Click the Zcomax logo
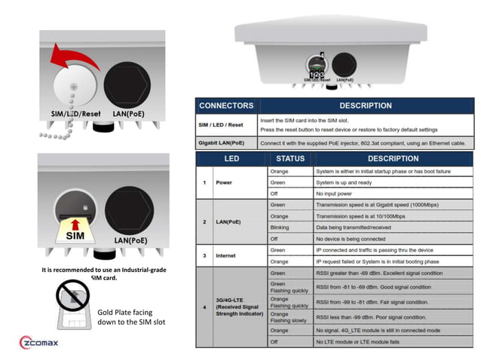48,343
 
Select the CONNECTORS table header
227,105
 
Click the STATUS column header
290,159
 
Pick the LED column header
231,159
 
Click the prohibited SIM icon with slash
74,300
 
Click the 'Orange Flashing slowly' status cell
290,317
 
